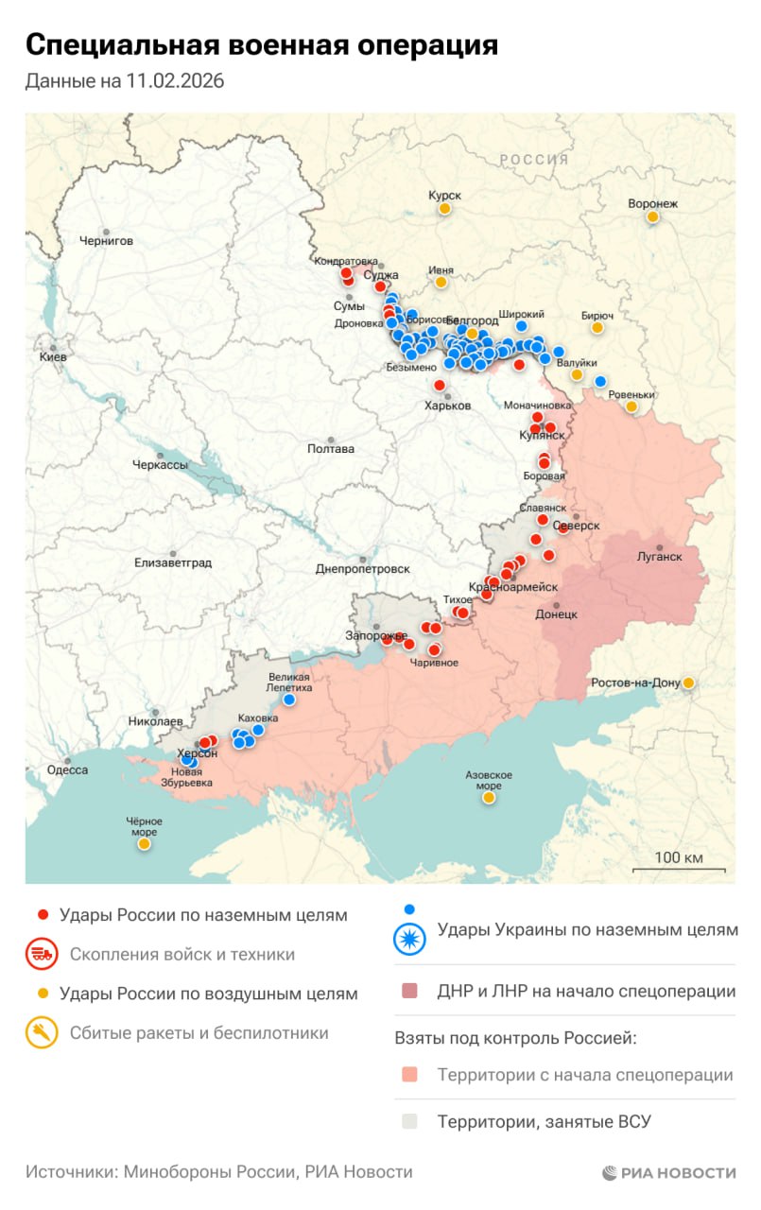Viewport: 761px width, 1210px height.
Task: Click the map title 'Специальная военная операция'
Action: [x=261, y=45]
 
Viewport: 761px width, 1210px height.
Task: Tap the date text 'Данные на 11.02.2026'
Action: [x=125, y=82]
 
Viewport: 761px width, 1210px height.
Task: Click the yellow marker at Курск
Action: [x=444, y=208]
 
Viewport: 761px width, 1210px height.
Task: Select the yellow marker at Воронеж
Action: [x=652, y=216]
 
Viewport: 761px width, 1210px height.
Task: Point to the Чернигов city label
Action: [x=106, y=241]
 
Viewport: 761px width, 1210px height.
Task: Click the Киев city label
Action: [x=53, y=358]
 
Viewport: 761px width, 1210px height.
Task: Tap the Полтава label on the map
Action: [x=331, y=449]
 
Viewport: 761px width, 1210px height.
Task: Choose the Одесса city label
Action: [x=68, y=769]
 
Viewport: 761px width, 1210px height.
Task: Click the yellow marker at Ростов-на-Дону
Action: [x=689, y=683]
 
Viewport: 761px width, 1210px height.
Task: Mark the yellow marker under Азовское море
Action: [x=489, y=797]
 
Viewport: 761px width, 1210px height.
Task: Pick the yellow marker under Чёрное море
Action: [x=144, y=843]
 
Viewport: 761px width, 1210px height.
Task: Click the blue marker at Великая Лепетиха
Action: [x=289, y=700]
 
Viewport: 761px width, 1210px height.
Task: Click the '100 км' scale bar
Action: [x=679, y=861]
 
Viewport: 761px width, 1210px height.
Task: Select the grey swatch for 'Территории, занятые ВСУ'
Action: [x=409, y=1122]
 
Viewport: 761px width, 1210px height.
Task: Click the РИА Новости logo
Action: [x=669, y=1173]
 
